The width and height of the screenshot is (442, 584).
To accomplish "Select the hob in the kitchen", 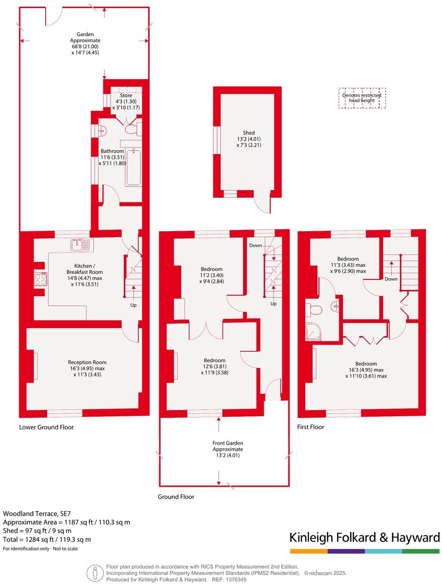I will pos(41,279).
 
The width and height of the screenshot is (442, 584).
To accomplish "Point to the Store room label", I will pos(126,98).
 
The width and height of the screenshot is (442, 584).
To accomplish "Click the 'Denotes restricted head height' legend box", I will pos(362,98).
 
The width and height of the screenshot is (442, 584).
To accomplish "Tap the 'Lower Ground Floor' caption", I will pos(47,427).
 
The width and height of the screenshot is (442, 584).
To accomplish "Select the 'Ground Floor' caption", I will pos(176,497).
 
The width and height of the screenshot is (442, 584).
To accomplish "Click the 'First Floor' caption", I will pos(310,427).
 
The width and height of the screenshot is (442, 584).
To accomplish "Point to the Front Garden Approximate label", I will pos(228,449).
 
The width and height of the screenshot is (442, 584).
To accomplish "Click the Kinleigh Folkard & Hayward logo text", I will pos(364,537).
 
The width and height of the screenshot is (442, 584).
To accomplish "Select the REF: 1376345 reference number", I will pos(229,579).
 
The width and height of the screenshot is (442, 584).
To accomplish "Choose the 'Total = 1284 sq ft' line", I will pos(47,539).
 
